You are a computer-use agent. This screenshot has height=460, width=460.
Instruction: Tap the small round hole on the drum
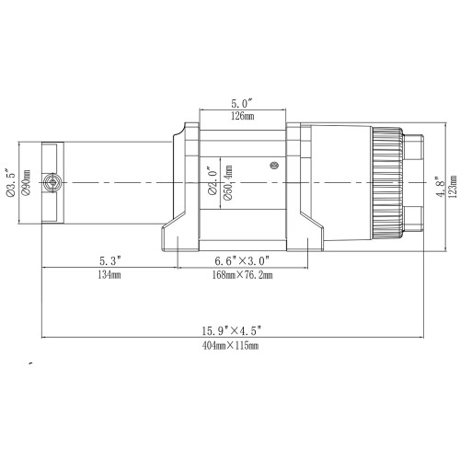273,165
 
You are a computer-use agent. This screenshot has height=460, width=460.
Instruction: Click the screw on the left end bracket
56,183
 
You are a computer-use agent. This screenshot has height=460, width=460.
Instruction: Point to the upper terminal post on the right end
414,147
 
